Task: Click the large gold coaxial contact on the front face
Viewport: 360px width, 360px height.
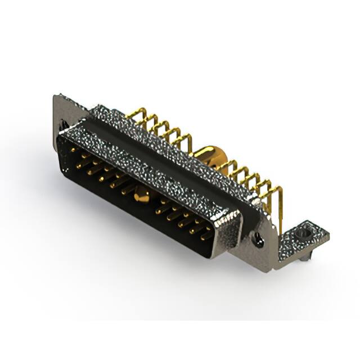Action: pyautogui.click(x=141, y=196)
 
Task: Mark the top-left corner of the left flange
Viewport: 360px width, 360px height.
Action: pyautogui.click(x=56, y=96)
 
